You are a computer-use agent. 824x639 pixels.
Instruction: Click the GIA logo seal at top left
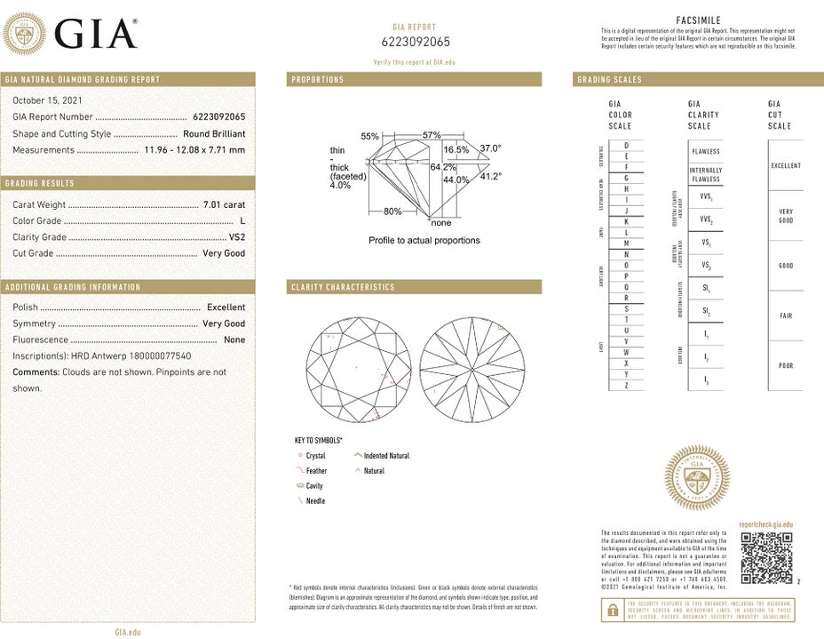[25, 34]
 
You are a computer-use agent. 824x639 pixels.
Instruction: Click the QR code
[765, 558]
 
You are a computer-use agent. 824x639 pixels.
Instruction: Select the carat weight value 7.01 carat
[224, 204]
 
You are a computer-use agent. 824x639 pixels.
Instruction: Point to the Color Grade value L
[242, 221]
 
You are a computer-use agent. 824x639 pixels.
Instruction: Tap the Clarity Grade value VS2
[236, 237]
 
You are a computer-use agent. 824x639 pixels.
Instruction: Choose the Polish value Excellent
[226, 307]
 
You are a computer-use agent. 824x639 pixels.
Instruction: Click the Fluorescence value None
[234, 339]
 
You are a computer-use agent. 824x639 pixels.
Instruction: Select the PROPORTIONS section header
[318, 80]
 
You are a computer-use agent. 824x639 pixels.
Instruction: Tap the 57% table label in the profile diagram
[432, 135]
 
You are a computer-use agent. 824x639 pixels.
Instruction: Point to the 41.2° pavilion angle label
[491, 176]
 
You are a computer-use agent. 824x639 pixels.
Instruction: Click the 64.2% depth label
[443, 167]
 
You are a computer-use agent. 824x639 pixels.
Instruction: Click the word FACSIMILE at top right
[698, 20]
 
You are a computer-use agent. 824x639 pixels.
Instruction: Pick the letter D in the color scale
[627, 144]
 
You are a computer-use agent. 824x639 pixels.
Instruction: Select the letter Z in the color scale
[627, 385]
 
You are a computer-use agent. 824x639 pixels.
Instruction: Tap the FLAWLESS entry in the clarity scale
[706, 151]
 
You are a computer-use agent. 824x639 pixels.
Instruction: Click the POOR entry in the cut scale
[786, 365]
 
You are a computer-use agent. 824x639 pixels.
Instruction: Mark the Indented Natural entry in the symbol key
[386, 456]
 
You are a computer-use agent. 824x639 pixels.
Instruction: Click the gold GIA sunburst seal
[698, 480]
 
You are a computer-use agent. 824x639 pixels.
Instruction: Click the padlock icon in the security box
[612, 610]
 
